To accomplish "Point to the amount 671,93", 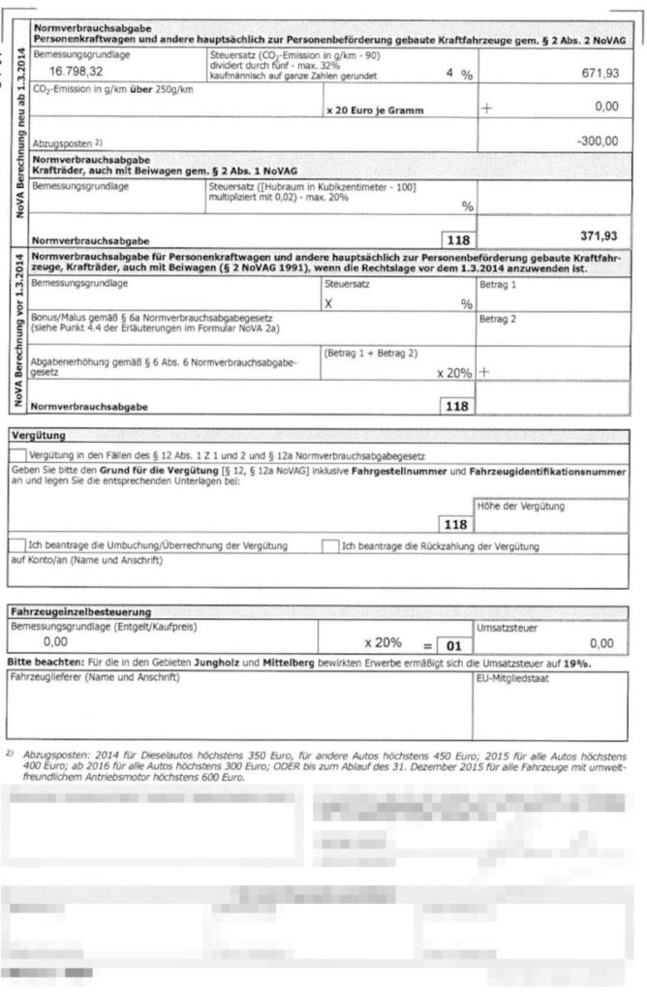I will tap(592, 74).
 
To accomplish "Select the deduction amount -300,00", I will tap(596, 140).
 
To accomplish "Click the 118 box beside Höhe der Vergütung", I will tap(454, 524).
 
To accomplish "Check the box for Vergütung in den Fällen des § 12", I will tap(18, 454).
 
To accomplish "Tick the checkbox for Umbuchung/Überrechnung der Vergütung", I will tap(17, 545).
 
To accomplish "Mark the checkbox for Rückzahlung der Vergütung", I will tap(331, 545).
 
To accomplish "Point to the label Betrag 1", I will tap(499, 287).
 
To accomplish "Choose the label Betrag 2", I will tap(499, 318).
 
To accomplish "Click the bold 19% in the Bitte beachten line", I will tap(577, 663).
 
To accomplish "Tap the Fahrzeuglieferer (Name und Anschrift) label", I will tap(94, 676).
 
